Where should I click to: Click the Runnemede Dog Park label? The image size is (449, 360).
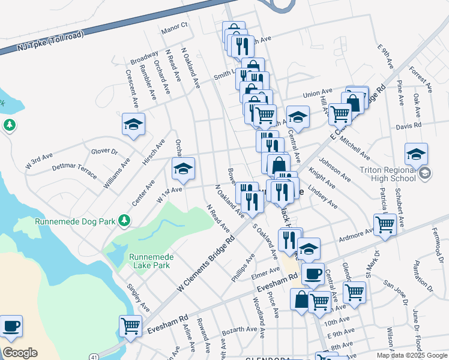pos(74,221)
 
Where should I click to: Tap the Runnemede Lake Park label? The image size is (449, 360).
pos(151,261)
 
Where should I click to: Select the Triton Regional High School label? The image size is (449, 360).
pos(387,173)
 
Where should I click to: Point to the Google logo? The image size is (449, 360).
pos(20,353)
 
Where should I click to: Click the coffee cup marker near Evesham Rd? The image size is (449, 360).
pos(312,274)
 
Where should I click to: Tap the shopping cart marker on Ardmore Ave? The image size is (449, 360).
pos(385,225)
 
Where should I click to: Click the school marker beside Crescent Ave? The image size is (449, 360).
pos(133,124)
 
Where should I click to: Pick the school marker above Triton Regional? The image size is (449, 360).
pos(416,154)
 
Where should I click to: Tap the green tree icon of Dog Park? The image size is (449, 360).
pos(124,221)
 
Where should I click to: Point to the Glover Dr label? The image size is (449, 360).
pos(104,152)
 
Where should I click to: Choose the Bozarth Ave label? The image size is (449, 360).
pos(239,329)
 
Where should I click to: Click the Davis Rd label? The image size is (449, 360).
pos(409,126)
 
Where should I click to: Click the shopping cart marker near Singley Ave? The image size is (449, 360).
pos(130,326)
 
